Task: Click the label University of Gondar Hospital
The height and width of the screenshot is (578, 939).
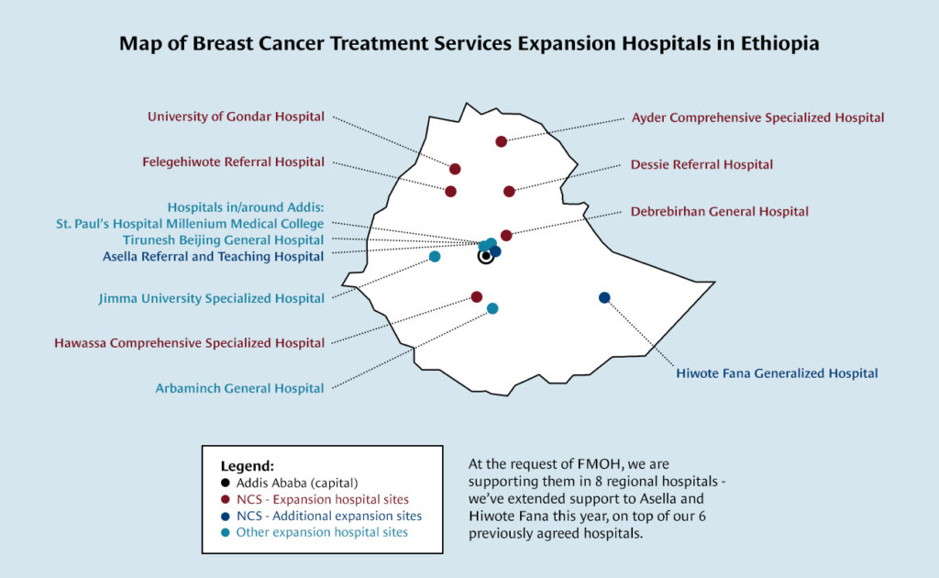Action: point(236,117)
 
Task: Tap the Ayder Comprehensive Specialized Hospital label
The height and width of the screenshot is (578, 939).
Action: point(757,117)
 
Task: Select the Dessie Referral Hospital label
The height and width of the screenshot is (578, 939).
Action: point(701,165)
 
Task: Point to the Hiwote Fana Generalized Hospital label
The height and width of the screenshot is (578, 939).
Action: point(777,373)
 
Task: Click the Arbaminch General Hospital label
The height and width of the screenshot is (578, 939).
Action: point(239,388)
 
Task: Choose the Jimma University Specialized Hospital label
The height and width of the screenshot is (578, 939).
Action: point(211,298)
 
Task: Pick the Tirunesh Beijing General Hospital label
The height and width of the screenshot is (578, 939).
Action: point(223,240)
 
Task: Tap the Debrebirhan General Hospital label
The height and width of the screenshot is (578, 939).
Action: point(719,212)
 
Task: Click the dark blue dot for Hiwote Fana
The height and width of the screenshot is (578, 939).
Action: point(604,297)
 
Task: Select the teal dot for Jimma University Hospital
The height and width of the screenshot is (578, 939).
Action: point(435,257)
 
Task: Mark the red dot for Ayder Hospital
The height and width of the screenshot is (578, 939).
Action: point(501,141)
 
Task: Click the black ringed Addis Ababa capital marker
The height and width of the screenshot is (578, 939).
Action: point(486,257)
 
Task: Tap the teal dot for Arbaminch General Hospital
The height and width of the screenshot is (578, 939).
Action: point(492,308)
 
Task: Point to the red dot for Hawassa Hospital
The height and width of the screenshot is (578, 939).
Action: point(477,296)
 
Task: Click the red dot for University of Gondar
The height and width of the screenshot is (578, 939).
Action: point(455,169)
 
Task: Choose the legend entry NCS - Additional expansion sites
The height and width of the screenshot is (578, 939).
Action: point(328,516)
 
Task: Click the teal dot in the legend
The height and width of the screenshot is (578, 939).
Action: point(226,532)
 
